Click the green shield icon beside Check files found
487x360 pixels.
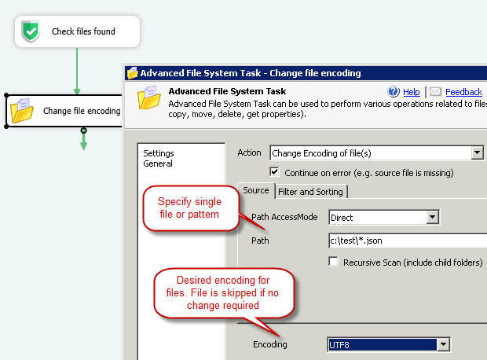(x=31, y=31)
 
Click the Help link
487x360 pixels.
(x=412, y=92)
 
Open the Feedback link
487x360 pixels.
(x=463, y=92)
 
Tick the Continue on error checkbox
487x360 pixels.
(x=275, y=172)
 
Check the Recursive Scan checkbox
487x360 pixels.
(x=334, y=262)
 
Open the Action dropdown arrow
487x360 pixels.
(x=477, y=152)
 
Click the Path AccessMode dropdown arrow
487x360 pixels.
(x=432, y=217)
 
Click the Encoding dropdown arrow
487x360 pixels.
(x=443, y=344)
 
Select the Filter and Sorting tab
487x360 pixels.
(x=310, y=192)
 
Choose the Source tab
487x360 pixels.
(x=256, y=190)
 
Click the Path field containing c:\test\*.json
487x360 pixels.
(x=408, y=241)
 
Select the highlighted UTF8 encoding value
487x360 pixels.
(x=383, y=345)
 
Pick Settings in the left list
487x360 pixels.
(x=159, y=153)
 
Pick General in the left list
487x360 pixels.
(x=158, y=163)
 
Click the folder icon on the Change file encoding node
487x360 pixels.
(x=22, y=110)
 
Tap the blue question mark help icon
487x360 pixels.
(x=394, y=91)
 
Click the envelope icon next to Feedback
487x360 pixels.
(x=435, y=91)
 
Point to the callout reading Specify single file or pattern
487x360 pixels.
(x=190, y=208)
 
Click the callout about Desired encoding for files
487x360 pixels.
(x=224, y=293)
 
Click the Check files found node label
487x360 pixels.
(x=83, y=31)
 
